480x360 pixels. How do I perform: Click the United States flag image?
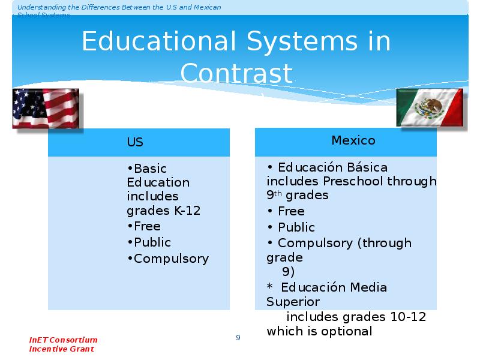(x=46, y=109)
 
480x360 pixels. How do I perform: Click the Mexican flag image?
(x=430, y=107)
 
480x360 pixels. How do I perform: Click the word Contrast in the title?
(x=236, y=73)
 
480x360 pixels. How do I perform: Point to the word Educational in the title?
(x=159, y=41)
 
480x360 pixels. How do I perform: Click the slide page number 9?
(x=238, y=337)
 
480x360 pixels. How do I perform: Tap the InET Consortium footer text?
(x=63, y=340)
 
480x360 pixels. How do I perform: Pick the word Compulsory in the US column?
(x=172, y=259)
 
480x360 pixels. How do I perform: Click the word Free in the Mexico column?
(x=291, y=211)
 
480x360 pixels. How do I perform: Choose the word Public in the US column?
(x=152, y=242)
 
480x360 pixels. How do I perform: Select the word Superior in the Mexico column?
(x=293, y=302)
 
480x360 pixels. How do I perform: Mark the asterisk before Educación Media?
(x=269, y=286)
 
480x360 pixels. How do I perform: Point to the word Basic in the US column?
(x=151, y=169)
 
